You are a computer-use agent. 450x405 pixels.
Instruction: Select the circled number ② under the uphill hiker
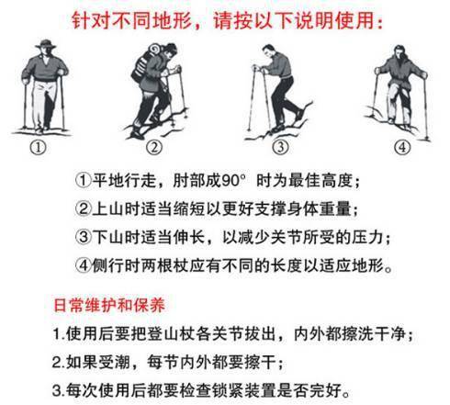point(154,146)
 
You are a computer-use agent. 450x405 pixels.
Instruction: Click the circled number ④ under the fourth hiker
point(400,146)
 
